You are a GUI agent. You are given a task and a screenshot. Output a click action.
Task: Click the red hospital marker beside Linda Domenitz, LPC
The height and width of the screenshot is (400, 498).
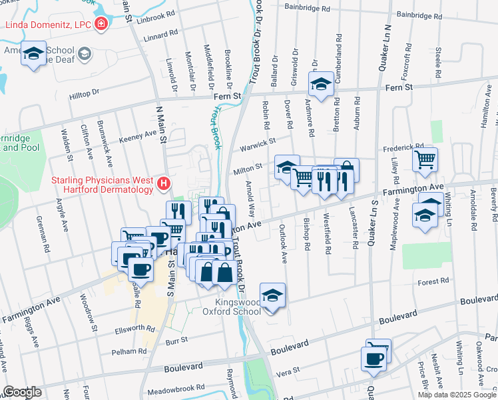tap(101, 25)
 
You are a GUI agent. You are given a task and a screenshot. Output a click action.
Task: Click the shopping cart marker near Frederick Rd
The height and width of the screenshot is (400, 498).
tap(425, 159)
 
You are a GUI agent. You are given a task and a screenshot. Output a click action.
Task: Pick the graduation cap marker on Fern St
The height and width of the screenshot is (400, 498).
tap(321, 84)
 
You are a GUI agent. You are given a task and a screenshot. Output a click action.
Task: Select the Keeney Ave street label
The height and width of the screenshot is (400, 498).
tap(137, 135)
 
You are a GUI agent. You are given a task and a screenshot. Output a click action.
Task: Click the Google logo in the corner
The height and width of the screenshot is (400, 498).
tap(22, 392)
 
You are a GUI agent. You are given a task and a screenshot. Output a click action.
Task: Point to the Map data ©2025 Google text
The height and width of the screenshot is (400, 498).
tap(456, 395)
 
